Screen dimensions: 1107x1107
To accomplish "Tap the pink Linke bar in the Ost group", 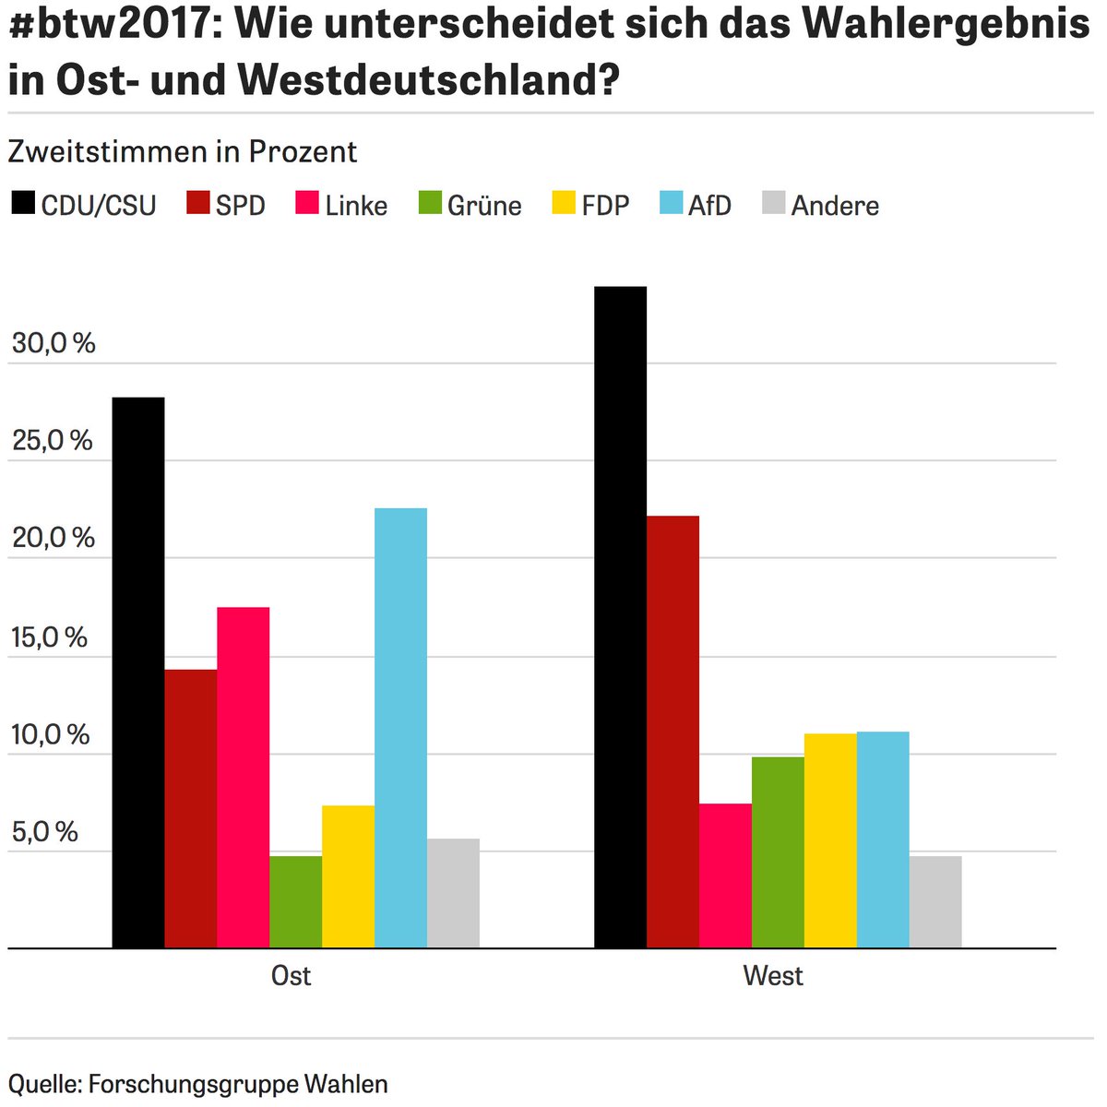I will coord(244,777).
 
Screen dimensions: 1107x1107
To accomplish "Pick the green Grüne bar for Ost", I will coord(295,901).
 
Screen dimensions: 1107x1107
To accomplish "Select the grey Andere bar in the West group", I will coord(935,901).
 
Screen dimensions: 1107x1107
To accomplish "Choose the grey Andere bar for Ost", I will coord(453,892).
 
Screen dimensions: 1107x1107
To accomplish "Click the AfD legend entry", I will coord(696,205).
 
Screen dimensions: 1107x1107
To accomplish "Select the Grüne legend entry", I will coord(470,205).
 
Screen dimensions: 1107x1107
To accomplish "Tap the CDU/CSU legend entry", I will coord(84,205).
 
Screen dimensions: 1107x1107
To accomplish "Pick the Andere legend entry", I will coord(821,205).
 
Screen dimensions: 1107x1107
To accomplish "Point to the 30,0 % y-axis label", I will coord(54,343).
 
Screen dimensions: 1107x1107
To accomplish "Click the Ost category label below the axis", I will coord(291,976).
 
